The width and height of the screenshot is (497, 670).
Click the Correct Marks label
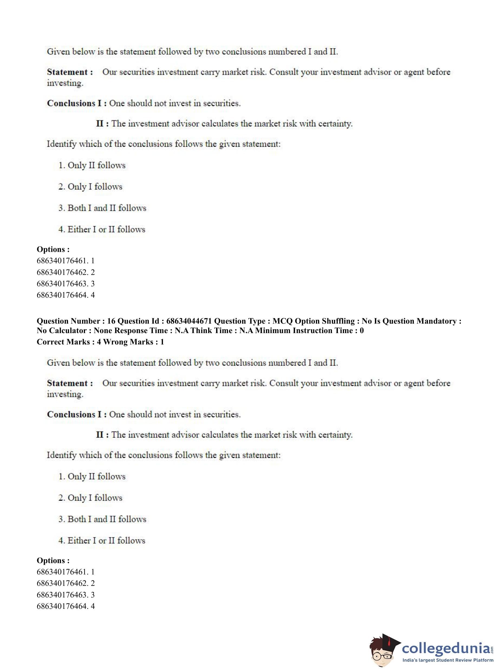click(63, 342)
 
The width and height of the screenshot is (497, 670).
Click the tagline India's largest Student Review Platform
click(448, 660)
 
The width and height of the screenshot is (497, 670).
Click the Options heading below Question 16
click(53, 560)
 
